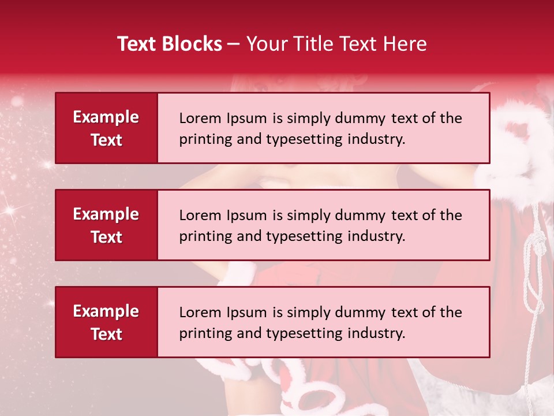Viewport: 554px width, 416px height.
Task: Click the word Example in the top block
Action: click(x=106, y=117)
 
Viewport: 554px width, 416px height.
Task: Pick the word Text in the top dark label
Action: click(x=106, y=140)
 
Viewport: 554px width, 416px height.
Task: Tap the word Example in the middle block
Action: click(x=106, y=214)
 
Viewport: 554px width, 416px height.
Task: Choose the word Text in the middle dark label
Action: click(x=106, y=237)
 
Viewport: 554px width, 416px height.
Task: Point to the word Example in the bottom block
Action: click(x=106, y=311)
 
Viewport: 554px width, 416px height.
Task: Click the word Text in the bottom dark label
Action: click(x=106, y=334)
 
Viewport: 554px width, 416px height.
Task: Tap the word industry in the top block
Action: click(x=376, y=139)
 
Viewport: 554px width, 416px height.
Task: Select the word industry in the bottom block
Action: click(x=376, y=333)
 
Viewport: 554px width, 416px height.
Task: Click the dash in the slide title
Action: click(x=234, y=44)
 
